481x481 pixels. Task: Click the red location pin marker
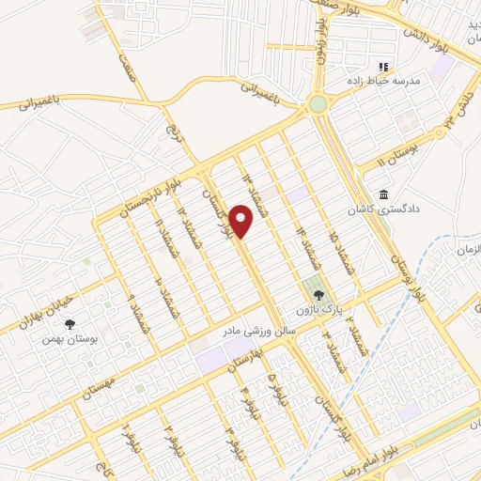[241, 220]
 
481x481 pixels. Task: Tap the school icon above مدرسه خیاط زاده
[382, 67]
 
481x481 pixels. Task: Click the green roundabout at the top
[318, 102]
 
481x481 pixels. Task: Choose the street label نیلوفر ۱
[127, 433]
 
